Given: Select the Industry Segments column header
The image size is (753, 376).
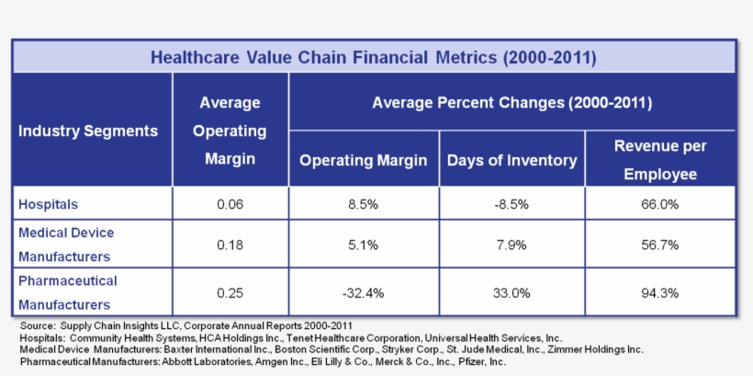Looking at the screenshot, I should pos(88,131).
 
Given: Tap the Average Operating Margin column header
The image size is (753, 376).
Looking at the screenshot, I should pos(230,131).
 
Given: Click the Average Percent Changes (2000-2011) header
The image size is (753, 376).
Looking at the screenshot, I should pos(511,102).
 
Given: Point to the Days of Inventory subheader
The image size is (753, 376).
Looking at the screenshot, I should pos(511,160).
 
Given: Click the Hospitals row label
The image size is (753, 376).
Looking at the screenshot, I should pos(49,204).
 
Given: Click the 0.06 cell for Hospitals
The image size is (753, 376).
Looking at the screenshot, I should pos(230,204).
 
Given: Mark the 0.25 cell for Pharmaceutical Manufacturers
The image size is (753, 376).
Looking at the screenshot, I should pos(230,293).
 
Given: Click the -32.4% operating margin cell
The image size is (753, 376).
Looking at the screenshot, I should pos(363,293).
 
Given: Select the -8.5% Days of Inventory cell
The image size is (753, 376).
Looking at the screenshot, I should pos(511,204).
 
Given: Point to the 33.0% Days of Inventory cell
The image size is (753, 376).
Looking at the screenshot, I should pos(511,293).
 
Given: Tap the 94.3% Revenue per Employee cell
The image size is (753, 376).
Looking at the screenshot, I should pos(660,293).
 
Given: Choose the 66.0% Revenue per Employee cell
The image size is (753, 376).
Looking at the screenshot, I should pos(660,204).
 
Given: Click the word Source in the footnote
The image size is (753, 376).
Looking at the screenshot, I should pos(37,326).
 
